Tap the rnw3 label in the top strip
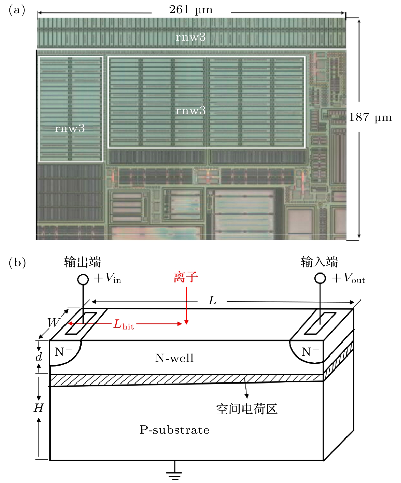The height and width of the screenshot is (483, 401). pos(191,37)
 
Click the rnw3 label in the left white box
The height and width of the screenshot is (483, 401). pos(70,128)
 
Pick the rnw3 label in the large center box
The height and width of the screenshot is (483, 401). pos(191,111)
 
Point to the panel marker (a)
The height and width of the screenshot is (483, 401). pos(17,10)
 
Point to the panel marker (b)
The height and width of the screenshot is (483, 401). pos(17,262)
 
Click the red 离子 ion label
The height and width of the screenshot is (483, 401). pos(186,277)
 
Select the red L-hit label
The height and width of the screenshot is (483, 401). pos(123,325)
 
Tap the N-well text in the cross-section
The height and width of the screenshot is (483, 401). pos(174,358)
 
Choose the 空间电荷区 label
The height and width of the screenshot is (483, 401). pos(246,409)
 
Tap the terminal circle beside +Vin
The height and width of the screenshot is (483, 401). pos(83,279)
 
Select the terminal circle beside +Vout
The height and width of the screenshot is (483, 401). pos(320,278)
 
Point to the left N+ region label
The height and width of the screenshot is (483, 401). pos(63,352)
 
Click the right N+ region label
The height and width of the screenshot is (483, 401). pos(310,352)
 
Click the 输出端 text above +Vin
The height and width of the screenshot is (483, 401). pos(82,262)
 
